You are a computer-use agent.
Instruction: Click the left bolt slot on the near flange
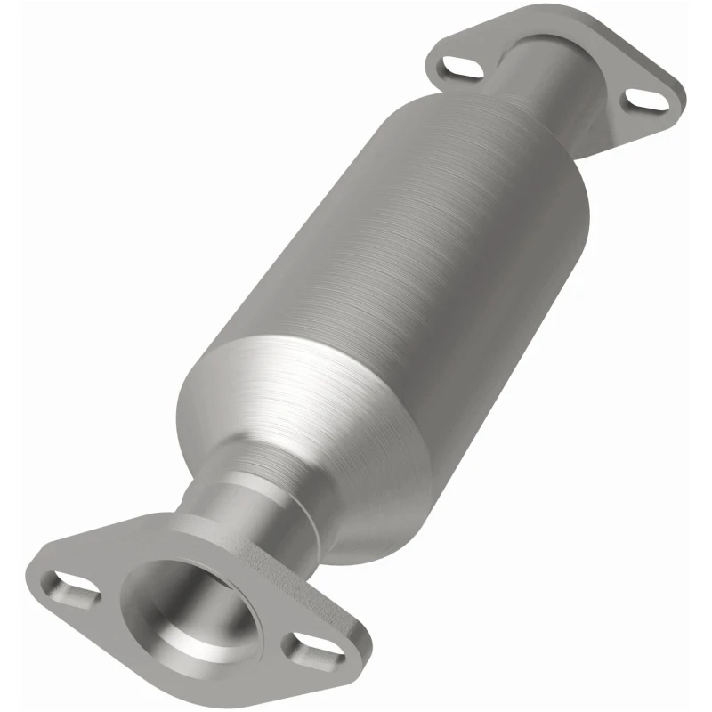tap(74, 587)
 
